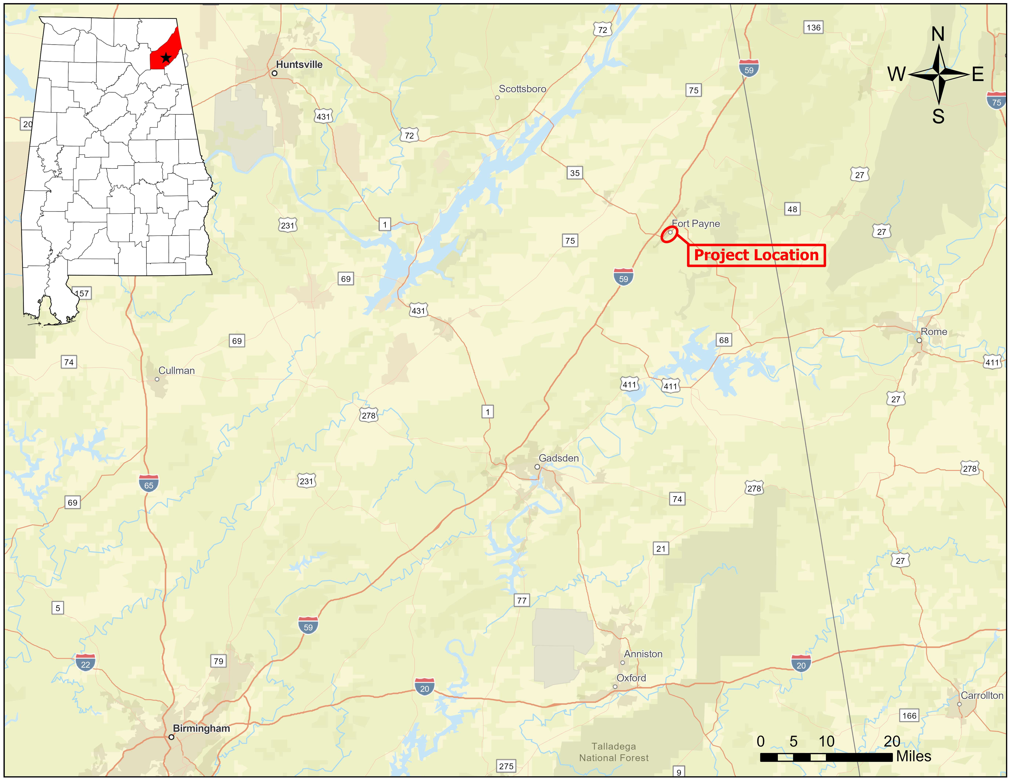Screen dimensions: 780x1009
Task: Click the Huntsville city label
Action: [x=299, y=65]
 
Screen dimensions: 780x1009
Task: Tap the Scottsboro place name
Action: [x=522, y=89]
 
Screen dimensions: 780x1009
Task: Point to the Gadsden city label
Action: [x=559, y=458]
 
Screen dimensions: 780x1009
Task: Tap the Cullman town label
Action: [x=176, y=371]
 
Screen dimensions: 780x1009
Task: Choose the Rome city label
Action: [x=934, y=332]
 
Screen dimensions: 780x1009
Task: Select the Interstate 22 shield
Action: [x=85, y=663]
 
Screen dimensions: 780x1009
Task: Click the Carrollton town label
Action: [x=982, y=695]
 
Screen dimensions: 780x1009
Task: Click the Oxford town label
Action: [x=631, y=678]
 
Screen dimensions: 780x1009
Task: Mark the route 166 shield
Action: [x=909, y=716]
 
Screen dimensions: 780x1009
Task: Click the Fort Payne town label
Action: [x=696, y=224]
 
